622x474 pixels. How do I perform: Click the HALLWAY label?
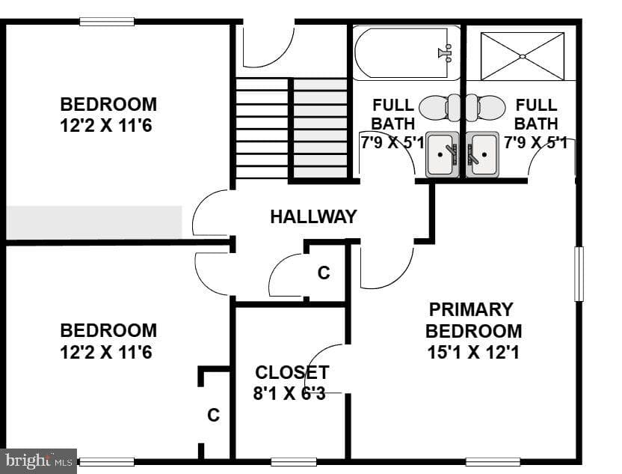pos(313,217)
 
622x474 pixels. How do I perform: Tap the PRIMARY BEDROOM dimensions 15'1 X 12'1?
pos(473,352)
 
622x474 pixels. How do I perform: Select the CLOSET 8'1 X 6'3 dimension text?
pos(289,393)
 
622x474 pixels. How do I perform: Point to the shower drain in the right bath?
pos(523,56)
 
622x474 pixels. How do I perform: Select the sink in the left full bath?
pos(443,154)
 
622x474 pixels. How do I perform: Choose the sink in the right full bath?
pos(482,154)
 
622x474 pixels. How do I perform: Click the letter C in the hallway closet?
pos(324,273)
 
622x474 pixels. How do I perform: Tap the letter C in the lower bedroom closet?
pos(213,415)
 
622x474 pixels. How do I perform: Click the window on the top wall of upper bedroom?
pos(107,22)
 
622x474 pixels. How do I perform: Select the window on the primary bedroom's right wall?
pos(579,274)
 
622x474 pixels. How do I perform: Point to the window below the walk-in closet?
pos(294,462)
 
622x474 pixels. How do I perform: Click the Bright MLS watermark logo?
pos(38,461)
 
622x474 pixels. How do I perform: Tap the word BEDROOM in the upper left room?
pos(108,105)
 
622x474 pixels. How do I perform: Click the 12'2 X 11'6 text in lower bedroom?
pos(106,352)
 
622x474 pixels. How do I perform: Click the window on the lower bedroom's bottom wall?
pos(107,462)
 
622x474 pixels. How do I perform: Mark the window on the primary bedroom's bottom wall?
pos(493,462)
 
